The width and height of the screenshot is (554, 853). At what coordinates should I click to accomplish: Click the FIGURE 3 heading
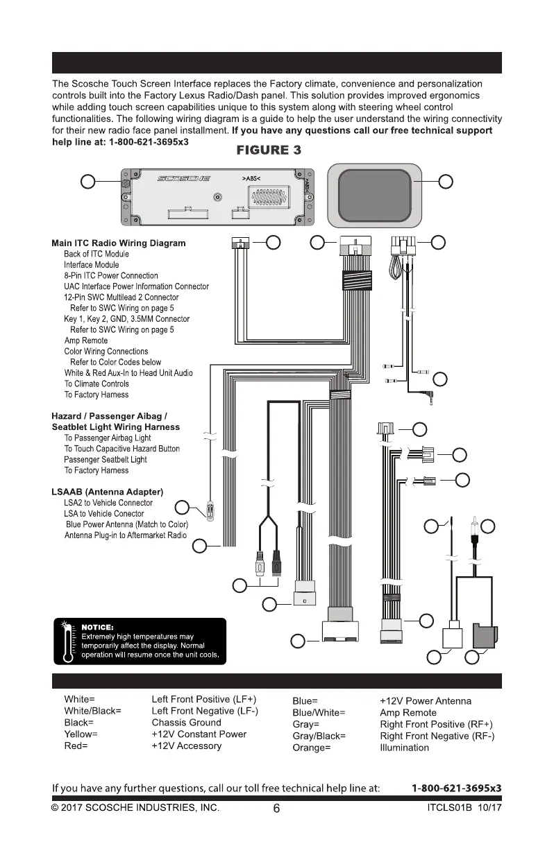(x=269, y=150)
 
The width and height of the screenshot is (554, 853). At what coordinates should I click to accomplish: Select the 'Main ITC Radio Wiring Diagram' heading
(x=119, y=243)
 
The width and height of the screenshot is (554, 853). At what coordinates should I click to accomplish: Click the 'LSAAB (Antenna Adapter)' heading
(x=107, y=492)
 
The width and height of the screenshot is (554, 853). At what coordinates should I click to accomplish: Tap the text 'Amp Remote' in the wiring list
(x=86, y=341)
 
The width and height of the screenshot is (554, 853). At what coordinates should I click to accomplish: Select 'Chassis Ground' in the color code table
(x=186, y=723)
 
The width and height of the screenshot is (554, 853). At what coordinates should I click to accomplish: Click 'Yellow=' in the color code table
(x=81, y=734)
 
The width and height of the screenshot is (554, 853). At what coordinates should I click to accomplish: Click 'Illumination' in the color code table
(x=405, y=748)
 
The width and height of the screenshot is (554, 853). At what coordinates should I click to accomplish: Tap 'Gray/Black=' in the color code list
(x=319, y=736)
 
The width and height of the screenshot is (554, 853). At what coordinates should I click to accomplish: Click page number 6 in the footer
(x=276, y=809)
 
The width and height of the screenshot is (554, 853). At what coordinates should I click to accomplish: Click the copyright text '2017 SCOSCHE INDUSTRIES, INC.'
(x=141, y=809)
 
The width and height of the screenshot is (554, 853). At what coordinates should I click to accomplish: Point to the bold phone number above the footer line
(x=456, y=789)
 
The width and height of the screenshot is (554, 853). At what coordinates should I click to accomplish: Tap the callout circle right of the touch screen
(x=446, y=182)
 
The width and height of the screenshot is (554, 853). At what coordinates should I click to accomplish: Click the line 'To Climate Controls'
(x=96, y=384)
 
